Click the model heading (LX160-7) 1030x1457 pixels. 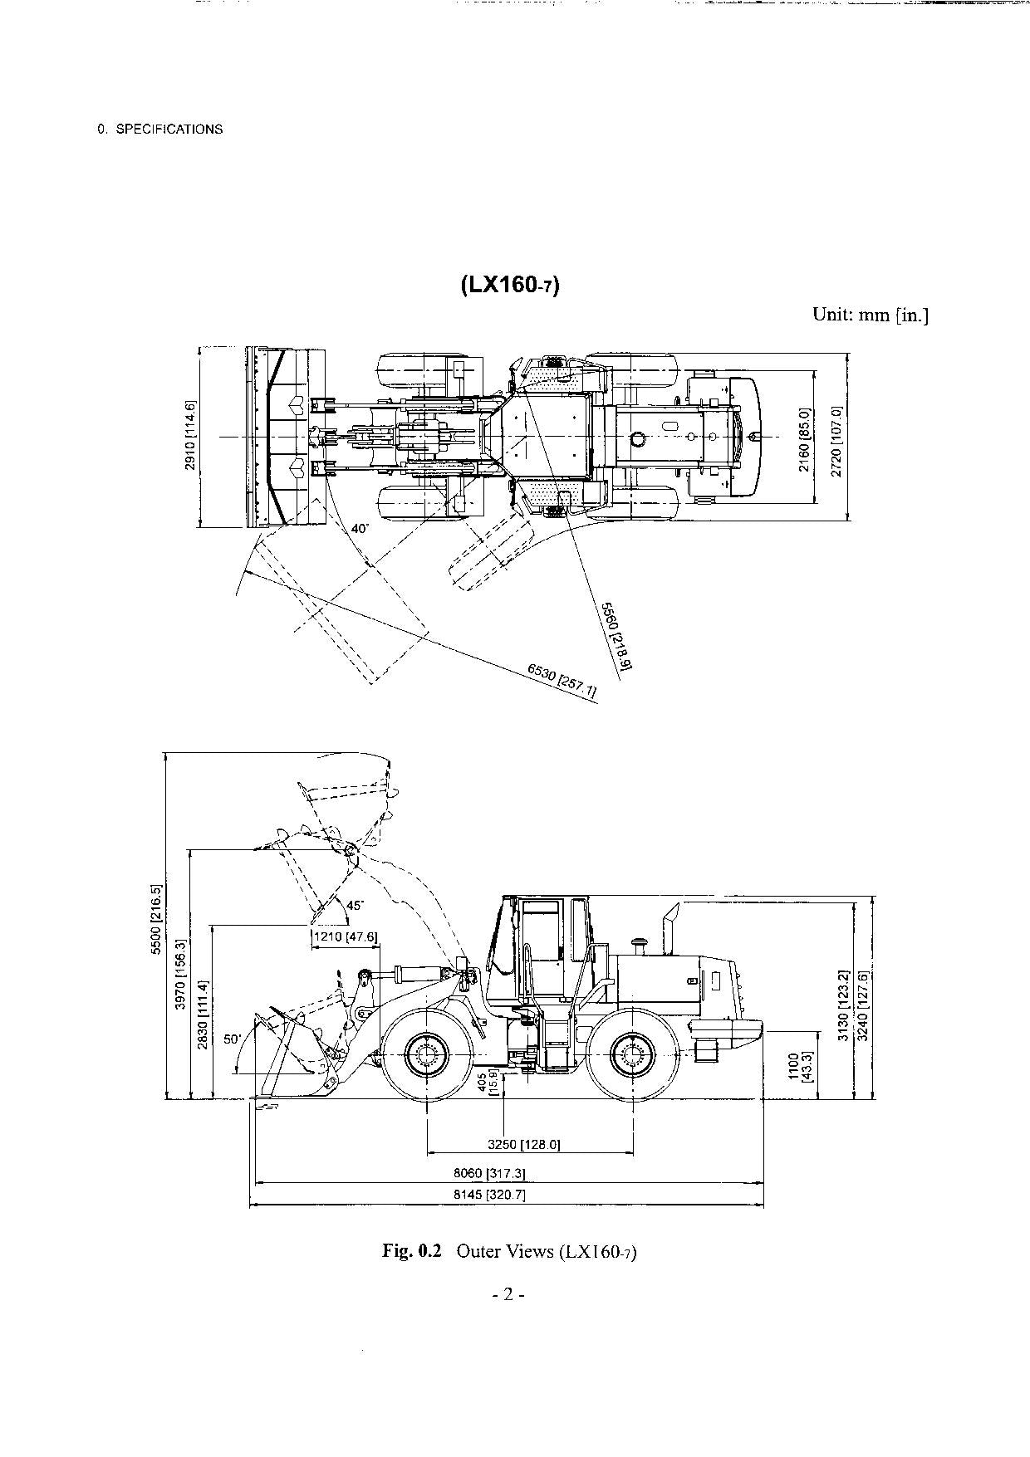tap(510, 285)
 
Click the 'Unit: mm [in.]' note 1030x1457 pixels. tap(871, 315)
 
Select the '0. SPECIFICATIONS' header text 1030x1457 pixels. tap(160, 130)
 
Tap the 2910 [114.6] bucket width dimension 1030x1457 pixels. tap(190, 436)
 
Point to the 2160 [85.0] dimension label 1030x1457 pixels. tap(804, 439)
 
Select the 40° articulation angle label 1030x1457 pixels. tap(359, 529)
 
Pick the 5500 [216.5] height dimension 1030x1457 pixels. tap(155, 920)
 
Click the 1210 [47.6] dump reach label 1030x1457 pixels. tap(345, 936)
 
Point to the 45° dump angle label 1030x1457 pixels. tap(355, 906)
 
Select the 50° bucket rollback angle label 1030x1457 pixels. tap(233, 1039)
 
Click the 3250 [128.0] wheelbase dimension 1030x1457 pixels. tap(523, 1145)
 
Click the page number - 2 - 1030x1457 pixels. tap(508, 1293)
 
